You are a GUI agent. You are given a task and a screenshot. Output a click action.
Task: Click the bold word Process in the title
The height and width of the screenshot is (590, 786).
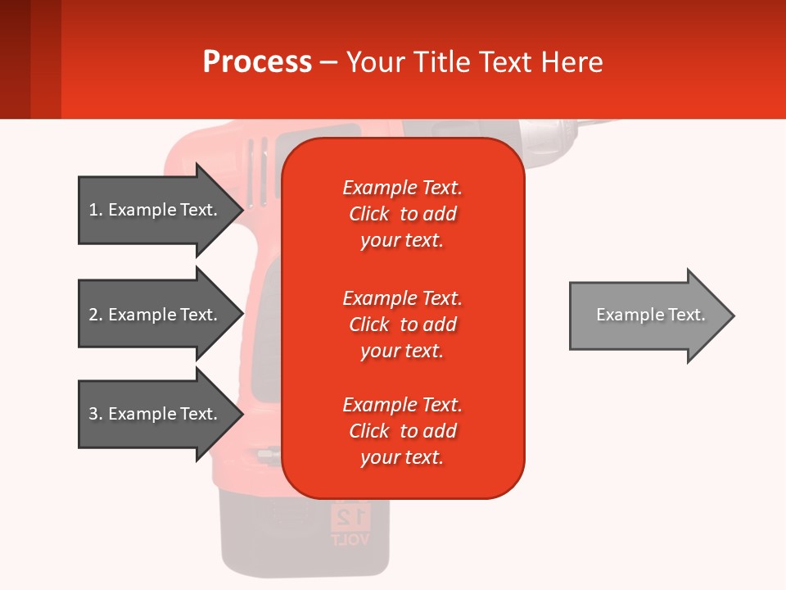pyautogui.click(x=257, y=62)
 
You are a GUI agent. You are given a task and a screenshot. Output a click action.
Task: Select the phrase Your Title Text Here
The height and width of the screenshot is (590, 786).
pyautogui.click(x=474, y=62)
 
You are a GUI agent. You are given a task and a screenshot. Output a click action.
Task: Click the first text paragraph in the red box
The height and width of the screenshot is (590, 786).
pyautogui.click(x=402, y=214)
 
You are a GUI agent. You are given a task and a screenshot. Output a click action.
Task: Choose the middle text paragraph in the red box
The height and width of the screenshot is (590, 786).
pyautogui.click(x=402, y=324)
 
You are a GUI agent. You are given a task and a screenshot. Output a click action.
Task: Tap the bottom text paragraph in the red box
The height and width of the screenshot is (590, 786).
pyautogui.click(x=402, y=431)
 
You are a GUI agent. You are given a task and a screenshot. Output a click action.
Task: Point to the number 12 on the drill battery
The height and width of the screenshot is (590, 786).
pyautogui.click(x=351, y=516)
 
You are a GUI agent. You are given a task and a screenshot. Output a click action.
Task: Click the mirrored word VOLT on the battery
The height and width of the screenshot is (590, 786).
pyautogui.click(x=350, y=539)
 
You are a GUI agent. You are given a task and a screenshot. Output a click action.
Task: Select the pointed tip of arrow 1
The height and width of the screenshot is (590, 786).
pyautogui.click(x=241, y=210)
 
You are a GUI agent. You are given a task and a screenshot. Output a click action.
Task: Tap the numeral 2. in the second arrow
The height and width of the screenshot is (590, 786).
pyautogui.click(x=95, y=315)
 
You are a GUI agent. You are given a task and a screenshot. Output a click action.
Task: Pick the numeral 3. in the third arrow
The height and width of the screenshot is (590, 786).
pyautogui.click(x=95, y=414)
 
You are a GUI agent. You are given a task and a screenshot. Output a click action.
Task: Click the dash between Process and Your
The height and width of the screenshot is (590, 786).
pyautogui.click(x=328, y=63)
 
